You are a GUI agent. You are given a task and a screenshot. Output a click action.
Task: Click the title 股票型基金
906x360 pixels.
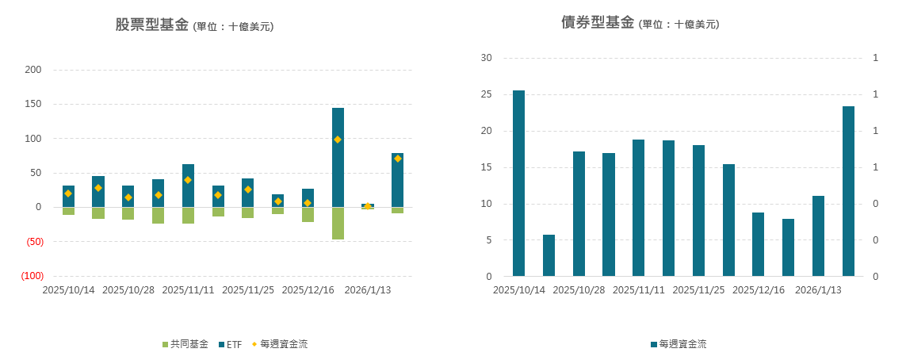(152, 25)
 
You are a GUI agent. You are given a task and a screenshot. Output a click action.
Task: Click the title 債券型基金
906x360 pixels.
(598, 23)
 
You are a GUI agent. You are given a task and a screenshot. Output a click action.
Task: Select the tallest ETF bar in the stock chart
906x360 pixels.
(338, 157)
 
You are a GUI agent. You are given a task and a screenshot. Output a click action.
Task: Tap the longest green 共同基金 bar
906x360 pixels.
(338, 223)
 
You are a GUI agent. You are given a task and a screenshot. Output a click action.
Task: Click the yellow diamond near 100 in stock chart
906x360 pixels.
(338, 140)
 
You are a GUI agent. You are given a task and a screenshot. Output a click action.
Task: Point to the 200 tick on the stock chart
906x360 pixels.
(33, 70)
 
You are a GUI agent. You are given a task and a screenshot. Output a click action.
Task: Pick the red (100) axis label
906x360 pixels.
(32, 276)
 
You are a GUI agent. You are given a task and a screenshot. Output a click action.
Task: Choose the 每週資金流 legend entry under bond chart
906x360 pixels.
(682, 344)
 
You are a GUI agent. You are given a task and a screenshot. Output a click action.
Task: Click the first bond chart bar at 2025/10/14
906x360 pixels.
(518, 183)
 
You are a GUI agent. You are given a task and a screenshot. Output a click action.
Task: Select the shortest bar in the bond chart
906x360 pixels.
(549, 255)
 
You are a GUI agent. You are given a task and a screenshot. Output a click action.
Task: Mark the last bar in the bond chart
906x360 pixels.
(848, 191)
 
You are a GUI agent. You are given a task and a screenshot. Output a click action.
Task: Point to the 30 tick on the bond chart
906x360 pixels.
(486, 58)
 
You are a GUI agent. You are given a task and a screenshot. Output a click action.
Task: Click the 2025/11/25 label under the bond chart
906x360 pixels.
(698, 290)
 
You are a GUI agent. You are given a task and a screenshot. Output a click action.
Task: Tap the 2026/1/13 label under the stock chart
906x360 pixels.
(368, 290)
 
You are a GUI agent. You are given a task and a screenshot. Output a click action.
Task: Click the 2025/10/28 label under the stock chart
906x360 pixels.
(128, 290)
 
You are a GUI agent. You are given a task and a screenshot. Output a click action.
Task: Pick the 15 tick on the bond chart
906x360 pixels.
(486, 167)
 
